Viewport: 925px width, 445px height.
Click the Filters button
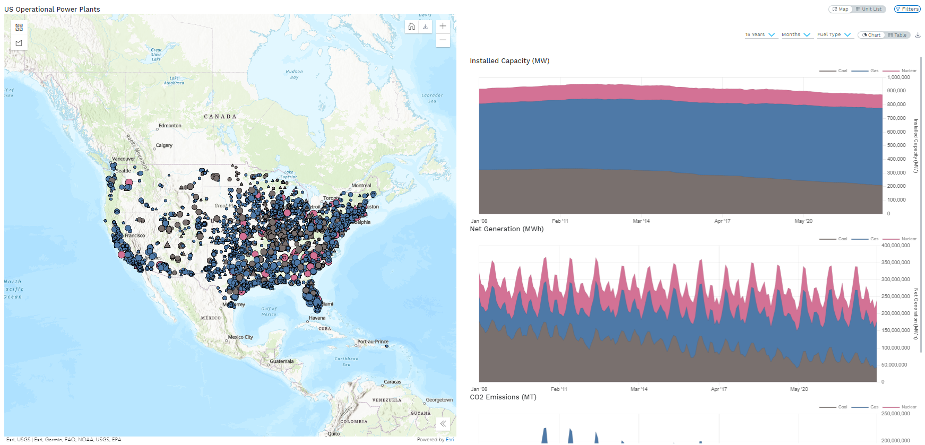point(907,9)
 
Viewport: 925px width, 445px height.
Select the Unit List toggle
point(869,9)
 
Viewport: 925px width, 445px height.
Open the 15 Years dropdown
point(759,35)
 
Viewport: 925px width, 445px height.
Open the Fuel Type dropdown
point(833,35)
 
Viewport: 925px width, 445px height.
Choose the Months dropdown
point(796,35)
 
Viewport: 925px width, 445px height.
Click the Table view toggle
point(897,35)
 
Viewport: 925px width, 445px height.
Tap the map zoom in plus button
point(443,27)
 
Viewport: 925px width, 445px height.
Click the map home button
point(412,27)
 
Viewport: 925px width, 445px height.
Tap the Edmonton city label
point(170,126)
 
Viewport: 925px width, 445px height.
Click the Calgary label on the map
point(164,145)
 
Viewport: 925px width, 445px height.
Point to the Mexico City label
point(240,337)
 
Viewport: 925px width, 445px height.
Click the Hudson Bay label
point(294,74)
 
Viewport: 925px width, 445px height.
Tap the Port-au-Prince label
point(373,342)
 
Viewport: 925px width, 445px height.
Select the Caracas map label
point(392,382)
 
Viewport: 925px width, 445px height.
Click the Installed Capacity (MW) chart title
point(509,61)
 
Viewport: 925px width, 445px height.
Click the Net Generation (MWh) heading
point(506,229)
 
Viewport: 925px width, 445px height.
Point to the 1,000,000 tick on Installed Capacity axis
point(898,77)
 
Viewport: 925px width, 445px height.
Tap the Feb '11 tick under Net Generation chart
point(559,389)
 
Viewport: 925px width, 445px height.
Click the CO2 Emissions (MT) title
point(503,397)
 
